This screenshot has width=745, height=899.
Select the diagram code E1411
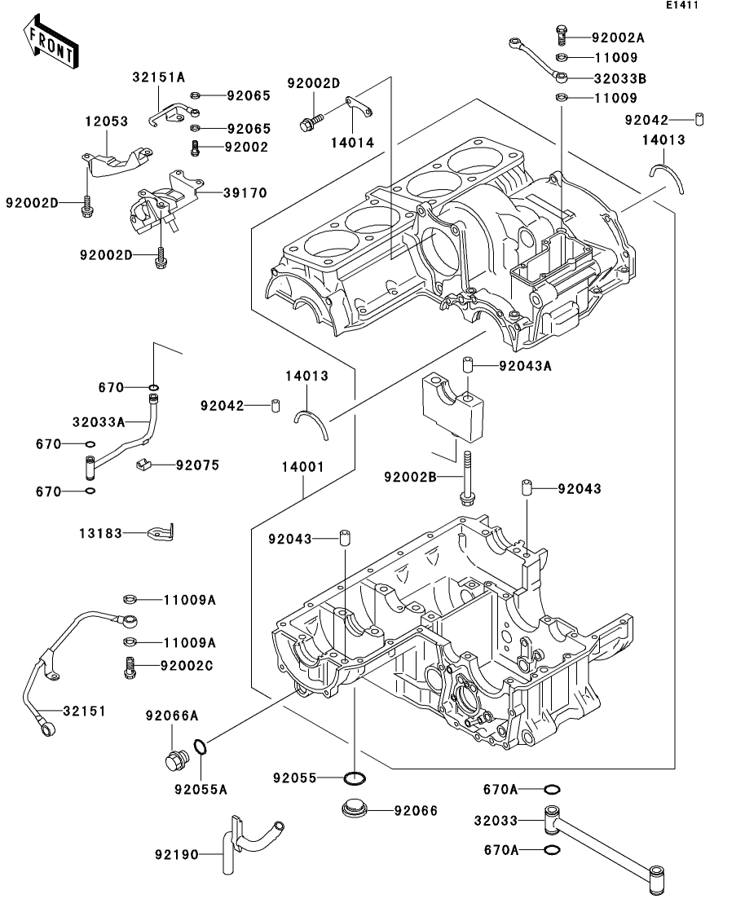[682, 5]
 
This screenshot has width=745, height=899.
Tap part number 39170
[245, 192]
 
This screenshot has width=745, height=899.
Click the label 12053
[107, 121]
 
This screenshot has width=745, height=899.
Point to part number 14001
[303, 467]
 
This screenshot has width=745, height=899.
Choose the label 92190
[177, 855]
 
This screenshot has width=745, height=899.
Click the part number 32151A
[159, 77]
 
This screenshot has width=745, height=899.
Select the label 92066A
[172, 716]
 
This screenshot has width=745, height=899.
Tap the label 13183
[101, 534]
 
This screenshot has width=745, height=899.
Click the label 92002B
[411, 477]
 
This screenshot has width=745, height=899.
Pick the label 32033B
[620, 78]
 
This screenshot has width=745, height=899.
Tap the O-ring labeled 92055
[355, 778]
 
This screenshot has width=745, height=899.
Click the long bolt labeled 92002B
[467, 478]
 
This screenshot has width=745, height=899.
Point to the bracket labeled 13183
[161, 532]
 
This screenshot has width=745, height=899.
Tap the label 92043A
[526, 366]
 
